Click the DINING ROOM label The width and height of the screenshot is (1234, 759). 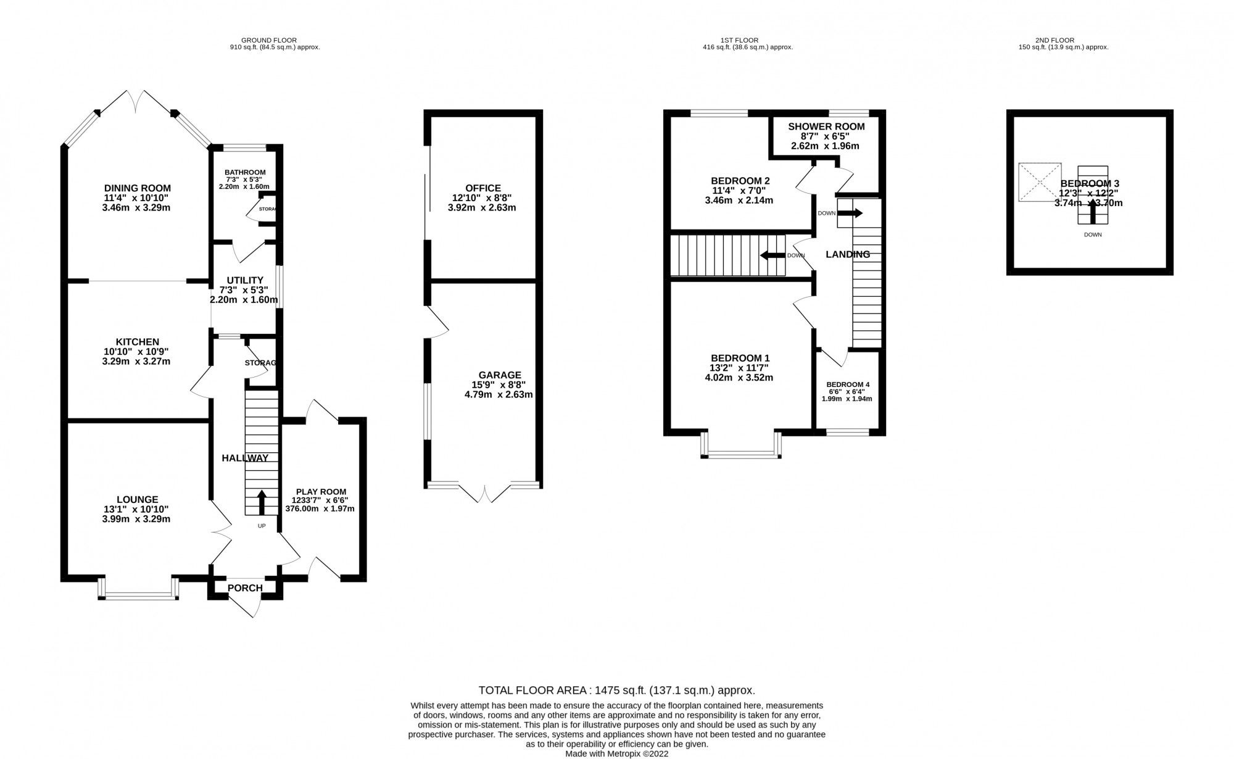tap(137, 188)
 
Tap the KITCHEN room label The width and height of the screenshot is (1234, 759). tap(137, 342)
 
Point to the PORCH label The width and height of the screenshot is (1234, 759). tap(245, 588)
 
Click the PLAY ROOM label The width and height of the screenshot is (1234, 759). tap(320, 492)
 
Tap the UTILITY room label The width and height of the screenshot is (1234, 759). tap(244, 280)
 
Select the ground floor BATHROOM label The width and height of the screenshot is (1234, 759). tap(245, 172)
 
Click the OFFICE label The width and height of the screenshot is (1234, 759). tap(483, 188)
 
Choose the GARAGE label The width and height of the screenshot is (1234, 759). tap(500, 375)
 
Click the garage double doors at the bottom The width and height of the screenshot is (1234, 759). tap(484, 493)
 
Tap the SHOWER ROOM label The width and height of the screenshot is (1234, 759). tap(826, 126)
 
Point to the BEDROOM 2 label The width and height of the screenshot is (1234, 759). tap(740, 181)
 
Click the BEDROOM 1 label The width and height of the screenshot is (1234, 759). tap(740, 358)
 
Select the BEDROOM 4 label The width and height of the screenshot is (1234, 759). tap(848, 384)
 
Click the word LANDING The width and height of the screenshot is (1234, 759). tap(848, 254)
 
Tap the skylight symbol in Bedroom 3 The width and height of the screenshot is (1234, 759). tap(1040, 182)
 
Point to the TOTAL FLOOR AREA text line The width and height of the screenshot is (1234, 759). tap(616, 690)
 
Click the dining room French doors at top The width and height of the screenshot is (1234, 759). tap(136, 101)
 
